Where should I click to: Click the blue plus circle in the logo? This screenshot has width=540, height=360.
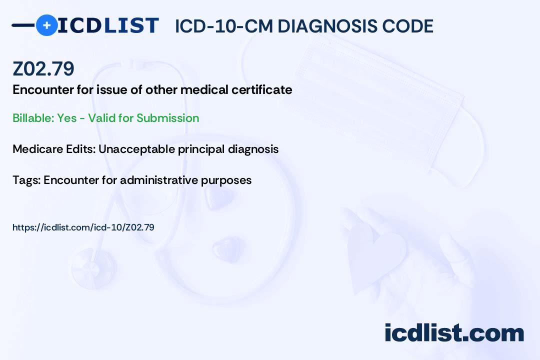46,25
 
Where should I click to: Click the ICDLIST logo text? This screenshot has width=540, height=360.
108,25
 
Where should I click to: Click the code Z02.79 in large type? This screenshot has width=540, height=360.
43,68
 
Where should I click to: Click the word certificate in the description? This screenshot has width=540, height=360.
261,90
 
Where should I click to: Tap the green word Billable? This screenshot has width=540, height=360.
33,118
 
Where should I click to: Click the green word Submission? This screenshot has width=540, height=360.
167,118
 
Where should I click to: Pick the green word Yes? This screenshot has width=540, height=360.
67,118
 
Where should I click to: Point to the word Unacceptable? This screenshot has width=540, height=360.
136,149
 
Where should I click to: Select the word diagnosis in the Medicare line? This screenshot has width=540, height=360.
253,149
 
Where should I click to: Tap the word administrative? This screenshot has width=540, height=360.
159,180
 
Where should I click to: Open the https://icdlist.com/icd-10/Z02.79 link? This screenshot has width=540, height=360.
83,227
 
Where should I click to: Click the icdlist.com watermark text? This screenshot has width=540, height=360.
454,333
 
